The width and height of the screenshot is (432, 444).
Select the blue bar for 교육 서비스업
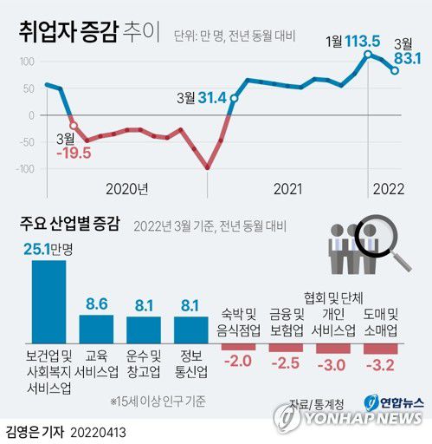coord(96,329)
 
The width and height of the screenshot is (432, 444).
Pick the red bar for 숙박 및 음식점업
coord(239,346)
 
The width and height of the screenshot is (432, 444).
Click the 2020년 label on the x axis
coord(127,188)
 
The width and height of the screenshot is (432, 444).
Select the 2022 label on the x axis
coord(387,188)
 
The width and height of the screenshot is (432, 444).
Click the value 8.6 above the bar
coord(96,304)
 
